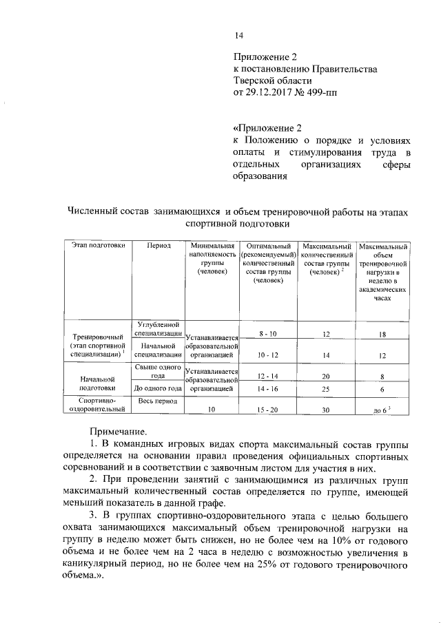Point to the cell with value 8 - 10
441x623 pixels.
point(263,334)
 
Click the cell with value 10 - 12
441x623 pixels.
point(263,355)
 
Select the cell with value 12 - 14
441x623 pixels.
point(263,376)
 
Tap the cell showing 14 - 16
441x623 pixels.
point(263,389)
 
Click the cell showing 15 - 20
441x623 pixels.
point(263,410)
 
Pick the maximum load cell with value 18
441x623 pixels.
point(380,334)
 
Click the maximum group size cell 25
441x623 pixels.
point(326,389)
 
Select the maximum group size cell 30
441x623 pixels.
point(326,410)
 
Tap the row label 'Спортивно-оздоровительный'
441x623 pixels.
point(96,404)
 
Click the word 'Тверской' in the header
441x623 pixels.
point(257,80)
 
